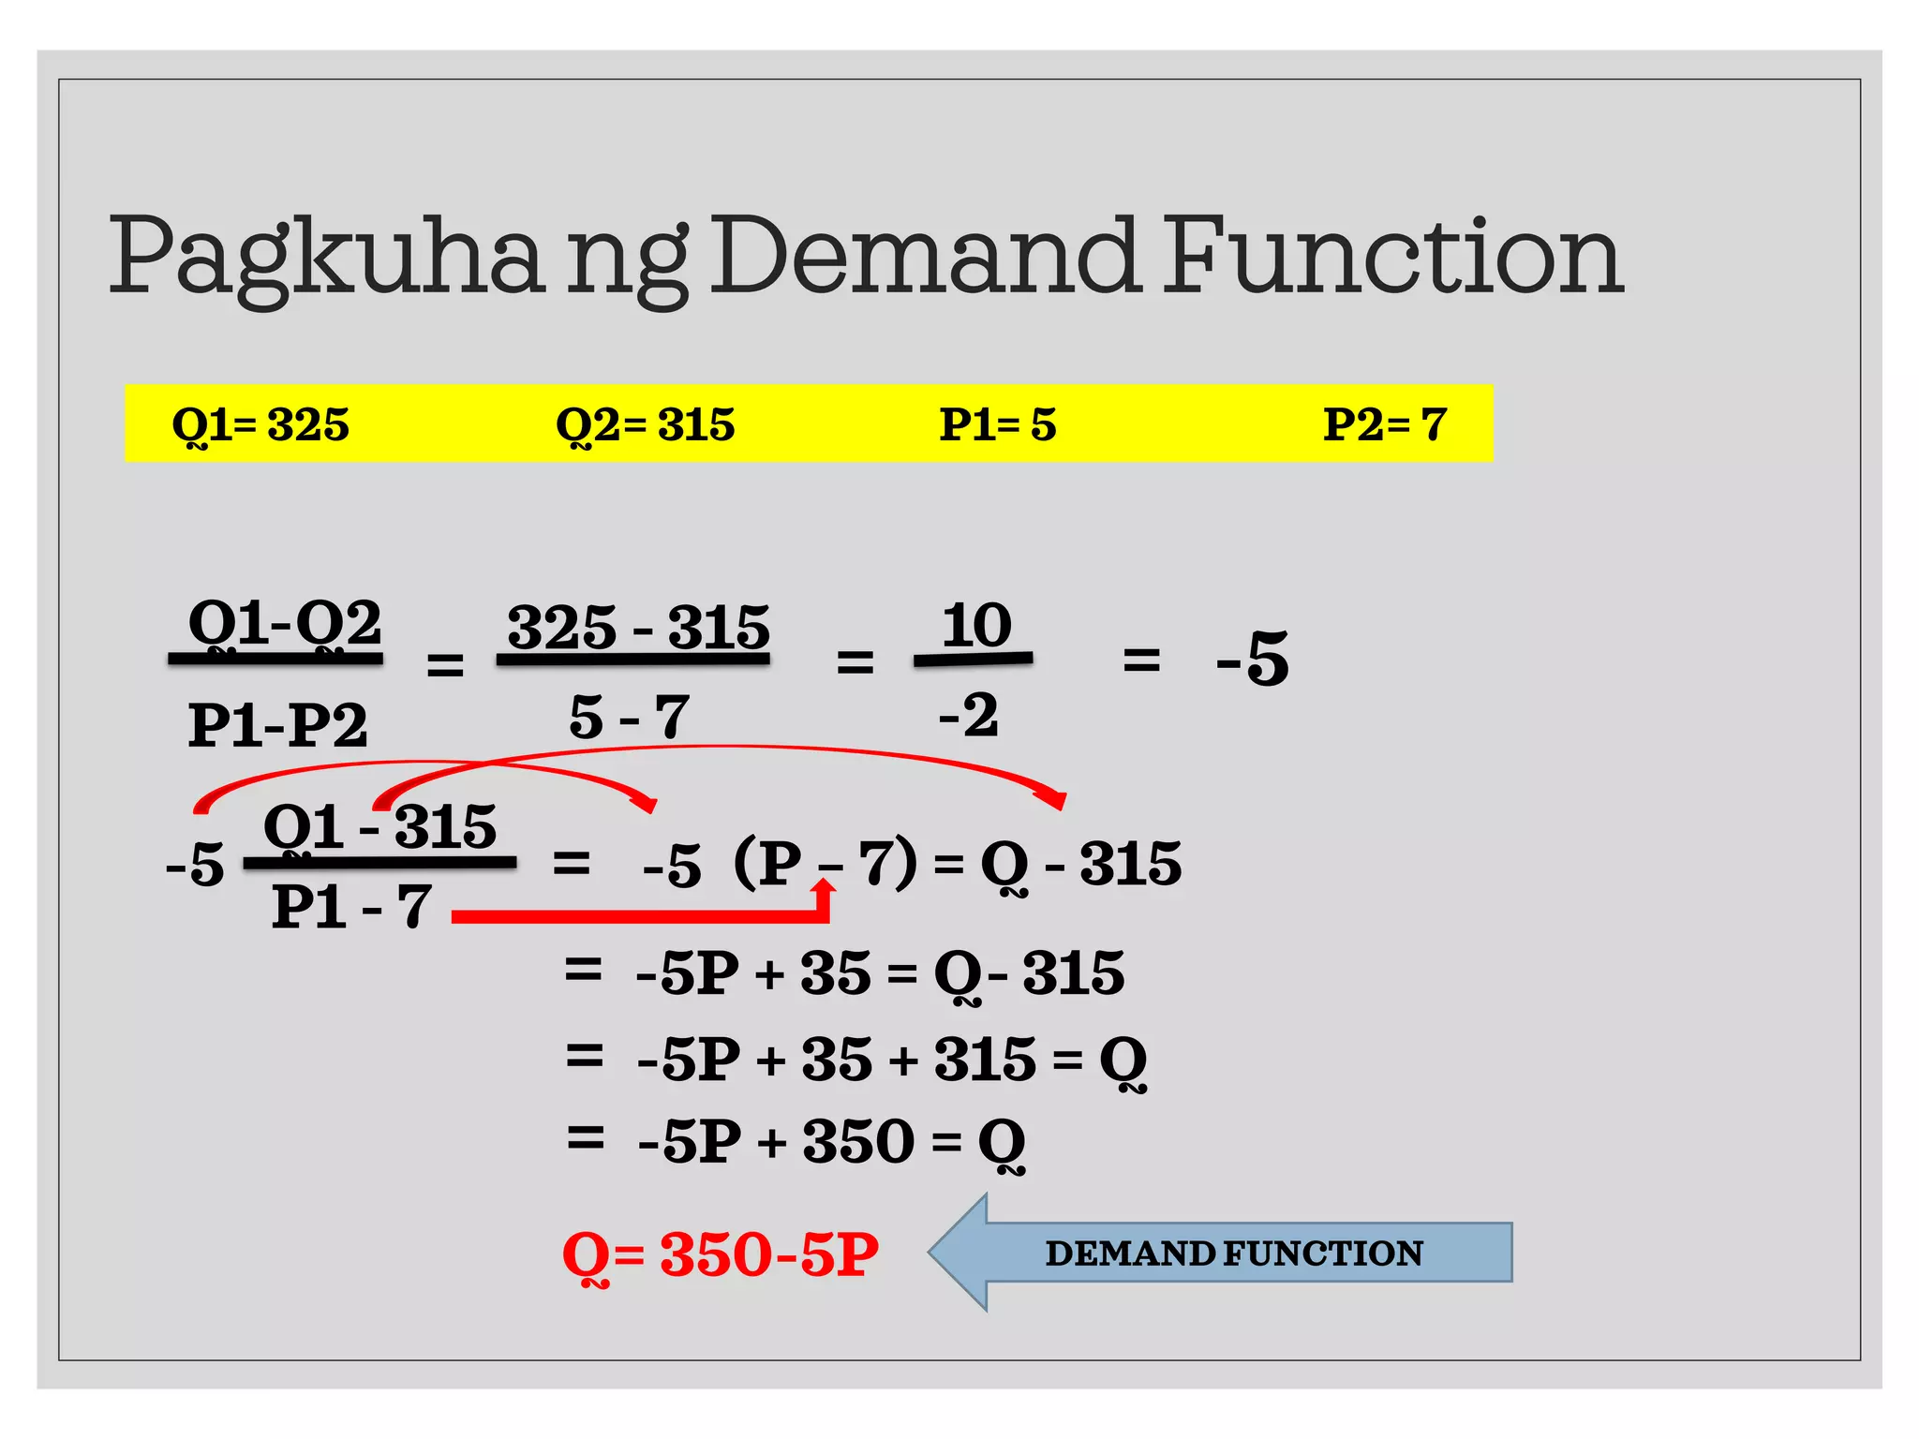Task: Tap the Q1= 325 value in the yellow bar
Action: pyautogui.click(x=260, y=424)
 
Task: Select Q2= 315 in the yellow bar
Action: pyautogui.click(x=645, y=424)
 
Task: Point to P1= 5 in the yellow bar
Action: pyautogui.click(x=997, y=424)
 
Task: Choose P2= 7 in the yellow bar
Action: pyautogui.click(x=1384, y=424)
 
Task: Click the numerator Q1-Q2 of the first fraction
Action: pyautogui.click(x=285, y=623)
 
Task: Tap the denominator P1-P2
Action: pyautogui.click(x=277, y=724)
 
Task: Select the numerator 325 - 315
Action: pyautogui.click(x=637, y=626)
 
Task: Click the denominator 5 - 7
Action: pyautogui.click(x=629, y=717)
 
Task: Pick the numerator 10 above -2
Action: pyautogui.click(x=976, y=624)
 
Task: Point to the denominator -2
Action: pyautogui.click(x=969, y=715)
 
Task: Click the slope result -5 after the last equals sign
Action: pyautogui.click(x=1252, y=658)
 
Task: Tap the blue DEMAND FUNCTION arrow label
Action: pyautogui.click(x=1233, y=1254)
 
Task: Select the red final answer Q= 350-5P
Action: pyautogui.click(x=720, y=1254)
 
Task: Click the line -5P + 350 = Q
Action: pyautogui.click(x=830, y=1141)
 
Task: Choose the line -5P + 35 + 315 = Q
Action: pyautogui.click(x=890, y=1060)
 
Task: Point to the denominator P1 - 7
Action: pyautogui.click(x=351, y=907)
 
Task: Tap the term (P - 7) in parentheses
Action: pyautogui.click(x=825, y=862)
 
